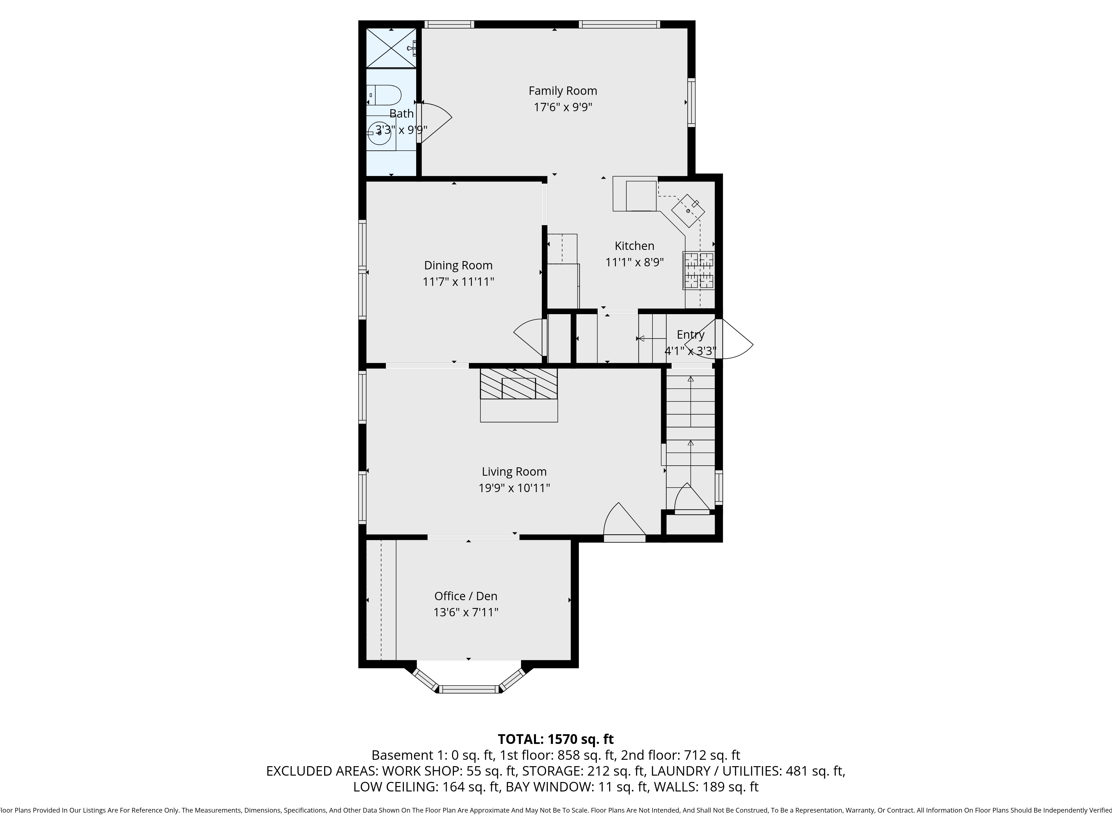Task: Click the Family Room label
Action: coord(563,91)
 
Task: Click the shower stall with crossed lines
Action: coord(391,48)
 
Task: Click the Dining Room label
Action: coord(458,265)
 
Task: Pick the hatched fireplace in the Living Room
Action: coord(519,384)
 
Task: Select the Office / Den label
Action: coord(466,596)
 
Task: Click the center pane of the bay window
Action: coord(468,689)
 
